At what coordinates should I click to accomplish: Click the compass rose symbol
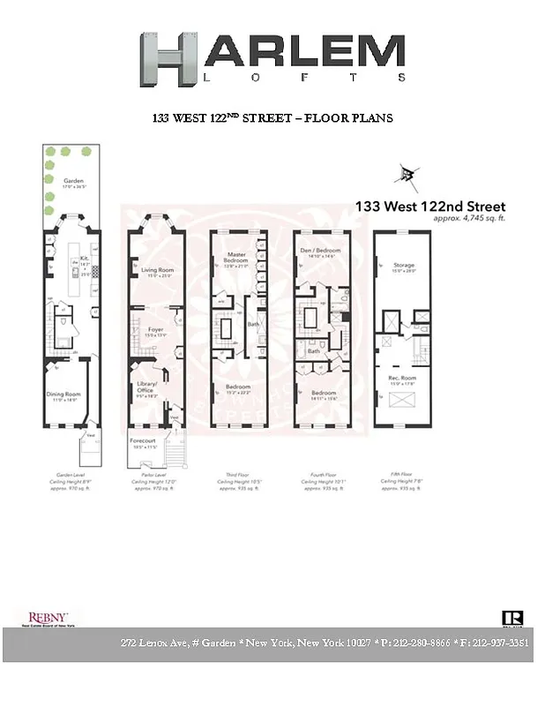click(x=408, y=174)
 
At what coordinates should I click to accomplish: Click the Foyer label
click(x=155, y=330)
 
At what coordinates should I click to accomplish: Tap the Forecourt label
click(x=143, y=439)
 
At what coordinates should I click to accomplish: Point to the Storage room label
click(x=403, y=265)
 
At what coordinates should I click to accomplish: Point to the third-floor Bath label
click(x=254, y=325)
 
